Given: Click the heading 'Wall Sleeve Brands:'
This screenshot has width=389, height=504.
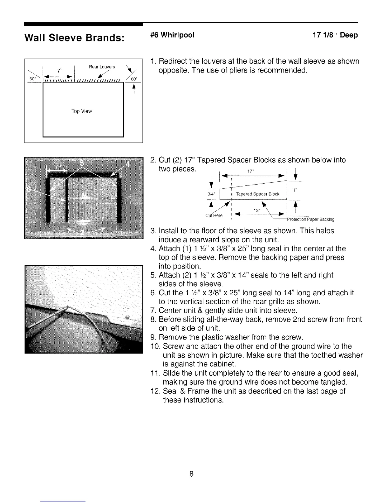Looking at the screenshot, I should [75, 37].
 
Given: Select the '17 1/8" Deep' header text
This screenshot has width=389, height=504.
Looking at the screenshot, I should [335, 35].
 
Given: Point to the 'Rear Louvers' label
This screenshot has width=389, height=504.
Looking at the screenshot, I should [102, 67].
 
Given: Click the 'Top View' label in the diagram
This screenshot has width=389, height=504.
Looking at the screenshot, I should [82, 111].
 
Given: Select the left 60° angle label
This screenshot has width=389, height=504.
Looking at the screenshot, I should [32, 79].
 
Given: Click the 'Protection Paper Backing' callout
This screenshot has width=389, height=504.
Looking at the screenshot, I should [311, 219].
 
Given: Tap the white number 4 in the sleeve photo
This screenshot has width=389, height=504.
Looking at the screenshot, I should [128, 164].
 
